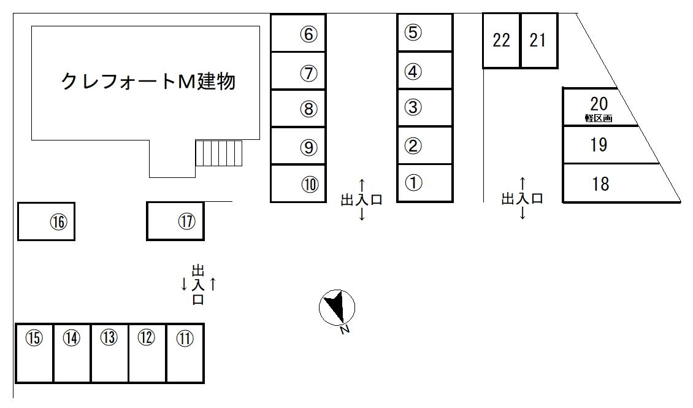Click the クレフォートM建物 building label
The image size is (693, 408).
point(148,80)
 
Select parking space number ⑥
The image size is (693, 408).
point(299,33)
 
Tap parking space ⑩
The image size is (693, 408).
point(299,183)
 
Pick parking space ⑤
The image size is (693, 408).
point(424,33)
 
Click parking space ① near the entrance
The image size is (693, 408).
point(424,183)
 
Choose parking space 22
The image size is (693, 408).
point(501,40)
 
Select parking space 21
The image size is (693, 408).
point(538,40)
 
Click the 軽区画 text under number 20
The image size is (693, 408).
point(599,118)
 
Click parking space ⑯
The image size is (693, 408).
point(47,221)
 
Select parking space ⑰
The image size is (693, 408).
point(175,221)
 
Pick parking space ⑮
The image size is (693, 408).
point(34,353)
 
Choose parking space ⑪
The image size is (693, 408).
point(185,353)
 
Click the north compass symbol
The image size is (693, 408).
point(337,307)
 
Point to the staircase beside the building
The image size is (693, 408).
point(220,153)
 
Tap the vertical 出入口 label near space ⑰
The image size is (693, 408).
point(198,285)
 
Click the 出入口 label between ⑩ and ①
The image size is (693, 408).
point(362,199)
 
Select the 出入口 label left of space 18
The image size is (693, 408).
point(523,199)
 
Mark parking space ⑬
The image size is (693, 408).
point(109,353)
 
